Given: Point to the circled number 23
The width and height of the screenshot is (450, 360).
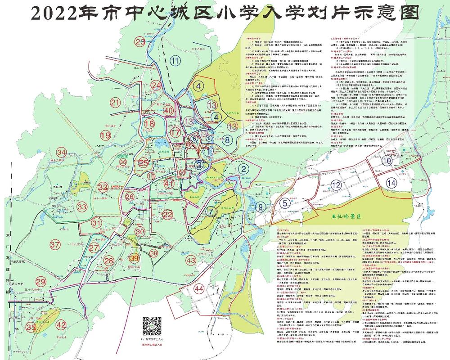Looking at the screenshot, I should tap(141, 42).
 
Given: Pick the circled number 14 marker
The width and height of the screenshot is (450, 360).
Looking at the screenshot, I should tap(391, 183).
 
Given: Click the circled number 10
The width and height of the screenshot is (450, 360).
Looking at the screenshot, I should tap(386, 161).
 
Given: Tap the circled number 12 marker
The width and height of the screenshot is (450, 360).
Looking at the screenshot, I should tap(336, 185).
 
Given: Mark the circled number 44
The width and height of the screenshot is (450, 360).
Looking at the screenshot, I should tap(199, 288).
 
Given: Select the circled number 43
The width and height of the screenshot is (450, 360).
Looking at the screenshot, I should tap(191, 261).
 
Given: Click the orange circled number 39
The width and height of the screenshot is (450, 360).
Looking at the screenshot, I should tap(134, 258).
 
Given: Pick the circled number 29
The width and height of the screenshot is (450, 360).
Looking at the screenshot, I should tap(41, 282).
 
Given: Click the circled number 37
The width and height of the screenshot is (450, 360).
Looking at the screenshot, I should tap(55, 245).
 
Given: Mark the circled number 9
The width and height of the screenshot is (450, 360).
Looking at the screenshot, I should tap(260, 207).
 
